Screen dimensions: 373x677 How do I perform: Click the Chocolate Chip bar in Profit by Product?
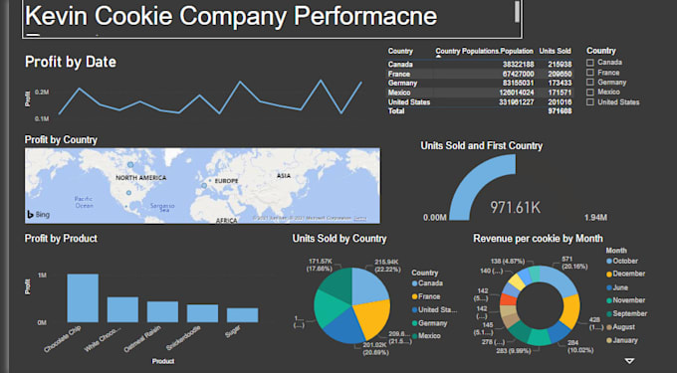[x=82, y=297]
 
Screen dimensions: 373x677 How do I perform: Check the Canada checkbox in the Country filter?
[x=591, y=63]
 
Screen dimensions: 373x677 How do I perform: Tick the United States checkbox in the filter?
[x=591, y=101]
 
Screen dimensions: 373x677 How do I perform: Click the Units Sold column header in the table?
[x=556, y=50]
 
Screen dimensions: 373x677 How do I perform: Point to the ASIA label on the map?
[x=283, y=176]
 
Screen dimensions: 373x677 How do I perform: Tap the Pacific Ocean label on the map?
[x=84, y=201]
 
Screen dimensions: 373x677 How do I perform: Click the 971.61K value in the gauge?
[x=515, y=207]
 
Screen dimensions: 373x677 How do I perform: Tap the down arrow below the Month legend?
[x=629, y=362]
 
